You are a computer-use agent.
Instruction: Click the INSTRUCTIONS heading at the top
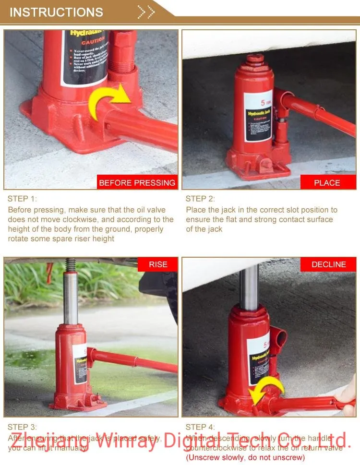(56, 12)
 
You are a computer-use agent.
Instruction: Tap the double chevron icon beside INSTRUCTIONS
(146, 12)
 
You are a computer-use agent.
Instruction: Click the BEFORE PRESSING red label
(137, 183)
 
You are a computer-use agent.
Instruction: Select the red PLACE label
(327, 183)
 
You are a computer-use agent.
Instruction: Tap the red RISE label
(157, 264)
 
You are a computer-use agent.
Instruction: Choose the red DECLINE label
(328, 264)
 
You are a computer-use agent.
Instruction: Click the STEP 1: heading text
(22, 199)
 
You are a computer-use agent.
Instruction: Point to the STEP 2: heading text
(200, 199)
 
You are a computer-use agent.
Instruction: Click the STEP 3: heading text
(22, 427)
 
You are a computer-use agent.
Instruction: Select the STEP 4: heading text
(200, 427)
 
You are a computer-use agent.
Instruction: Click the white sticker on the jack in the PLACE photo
(258, 116)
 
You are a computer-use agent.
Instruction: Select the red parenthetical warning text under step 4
(245, 457)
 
